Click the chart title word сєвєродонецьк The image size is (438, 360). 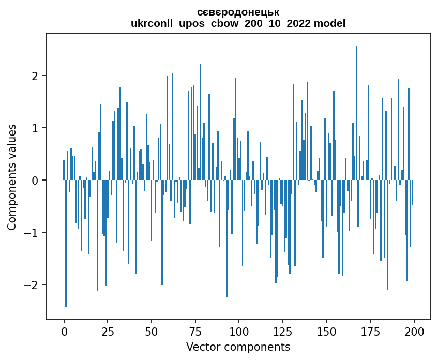[x=238, y=12]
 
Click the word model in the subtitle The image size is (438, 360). [x=329, y=23]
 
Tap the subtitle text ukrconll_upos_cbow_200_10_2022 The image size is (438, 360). [x=221, y=24]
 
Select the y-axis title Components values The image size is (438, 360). [x=12, y=177]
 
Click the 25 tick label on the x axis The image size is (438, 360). [x=108, y=332]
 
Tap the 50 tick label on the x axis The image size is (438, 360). [x=152, y=332]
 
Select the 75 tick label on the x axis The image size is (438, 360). [x=195, y=332]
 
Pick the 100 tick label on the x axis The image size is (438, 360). [x=239, y=332]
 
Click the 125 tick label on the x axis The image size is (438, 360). [x=283, y=332]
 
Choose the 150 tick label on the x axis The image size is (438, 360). [x=326, y=332]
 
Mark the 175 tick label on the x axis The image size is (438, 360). [x=370, y=332]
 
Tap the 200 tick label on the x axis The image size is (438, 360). [x=414, y=332]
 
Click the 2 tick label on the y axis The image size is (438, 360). [x=35, y=76]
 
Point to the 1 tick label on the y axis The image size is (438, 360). [x=35, y=128]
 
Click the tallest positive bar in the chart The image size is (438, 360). [x=356, y=113]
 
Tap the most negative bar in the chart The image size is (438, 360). [x=66, y=243]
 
